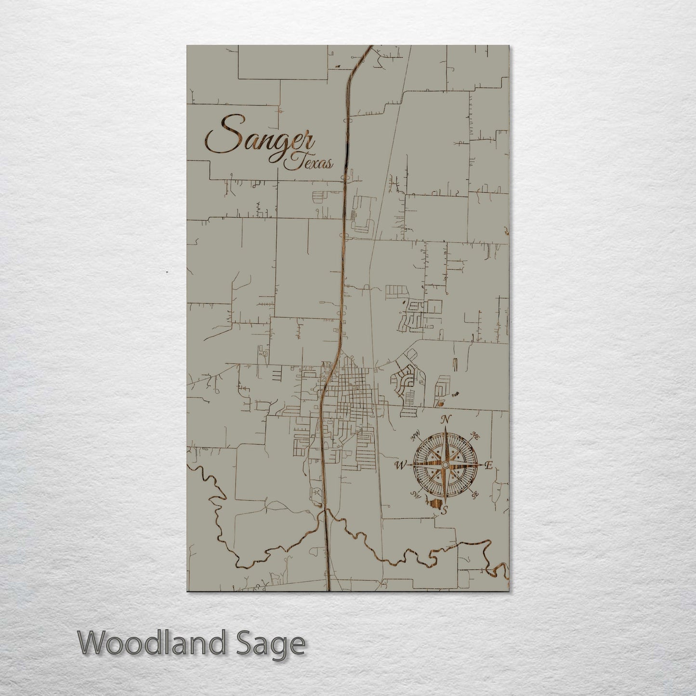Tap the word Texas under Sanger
click(x=309, y=162)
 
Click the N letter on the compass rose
click(x=446, y=420)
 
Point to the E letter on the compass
click(x=488, y=465)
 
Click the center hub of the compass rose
click(x=445, y=465)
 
